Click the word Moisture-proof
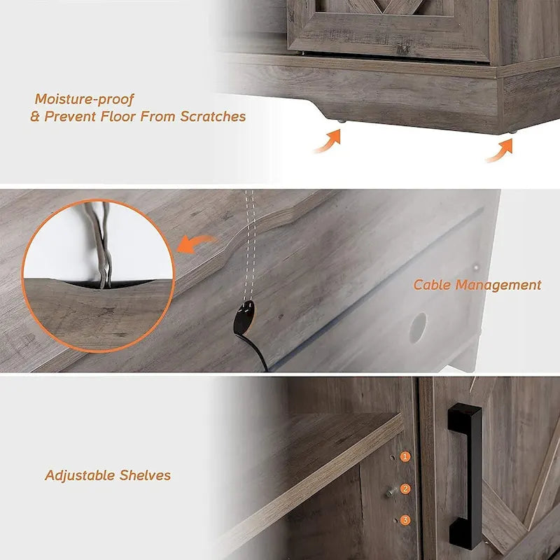click(x=84, y=99)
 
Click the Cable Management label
click(x=477, y=285)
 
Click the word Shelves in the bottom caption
click(x=144, y=475)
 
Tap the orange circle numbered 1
click(x=405, y=456)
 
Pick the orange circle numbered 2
click(x=405, y=489)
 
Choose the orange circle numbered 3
click(x=405, y=519)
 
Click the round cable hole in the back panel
click(x=418, y=326)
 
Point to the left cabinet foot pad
click(x=340, y=122)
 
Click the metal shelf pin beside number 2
click(x=389, y=491)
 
